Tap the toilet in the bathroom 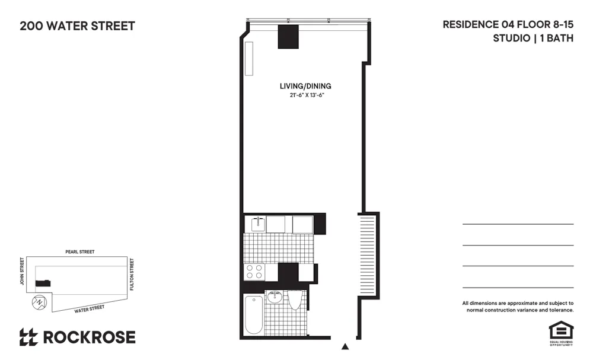click(295, 300)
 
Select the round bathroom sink click(275, 297)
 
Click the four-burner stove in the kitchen click(255, 272)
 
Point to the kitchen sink click(257, 224)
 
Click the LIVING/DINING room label click(305, 87)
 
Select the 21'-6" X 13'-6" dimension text click(305, 95)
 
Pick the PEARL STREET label click(80, 252)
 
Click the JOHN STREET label click(22, 270)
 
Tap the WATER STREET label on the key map click(89, 308)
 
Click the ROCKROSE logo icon click(28, 337)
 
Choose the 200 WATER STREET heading click(77, 26)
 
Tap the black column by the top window click(288, 37)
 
